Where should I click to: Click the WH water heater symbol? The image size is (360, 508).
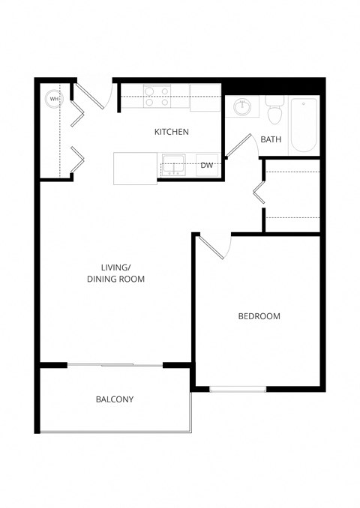[53, 97]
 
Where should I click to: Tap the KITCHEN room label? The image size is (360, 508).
[171, 132]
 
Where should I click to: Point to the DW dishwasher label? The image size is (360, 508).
[207, 166]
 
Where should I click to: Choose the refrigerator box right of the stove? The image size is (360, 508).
[205, 97]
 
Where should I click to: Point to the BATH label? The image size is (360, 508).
[271, 139]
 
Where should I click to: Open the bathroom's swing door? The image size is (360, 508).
[239, 147]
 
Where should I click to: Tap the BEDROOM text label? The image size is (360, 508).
[259, 316]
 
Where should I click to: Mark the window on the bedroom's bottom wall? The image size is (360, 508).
[237, 388]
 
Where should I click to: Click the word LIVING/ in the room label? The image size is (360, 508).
[116, 267]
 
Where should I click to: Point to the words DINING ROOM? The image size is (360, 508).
[116, 279]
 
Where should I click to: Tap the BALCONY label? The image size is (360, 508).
[114, 399]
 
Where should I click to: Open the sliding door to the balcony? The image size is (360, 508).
[115, 365]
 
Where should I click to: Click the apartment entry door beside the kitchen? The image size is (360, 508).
[94, 94]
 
